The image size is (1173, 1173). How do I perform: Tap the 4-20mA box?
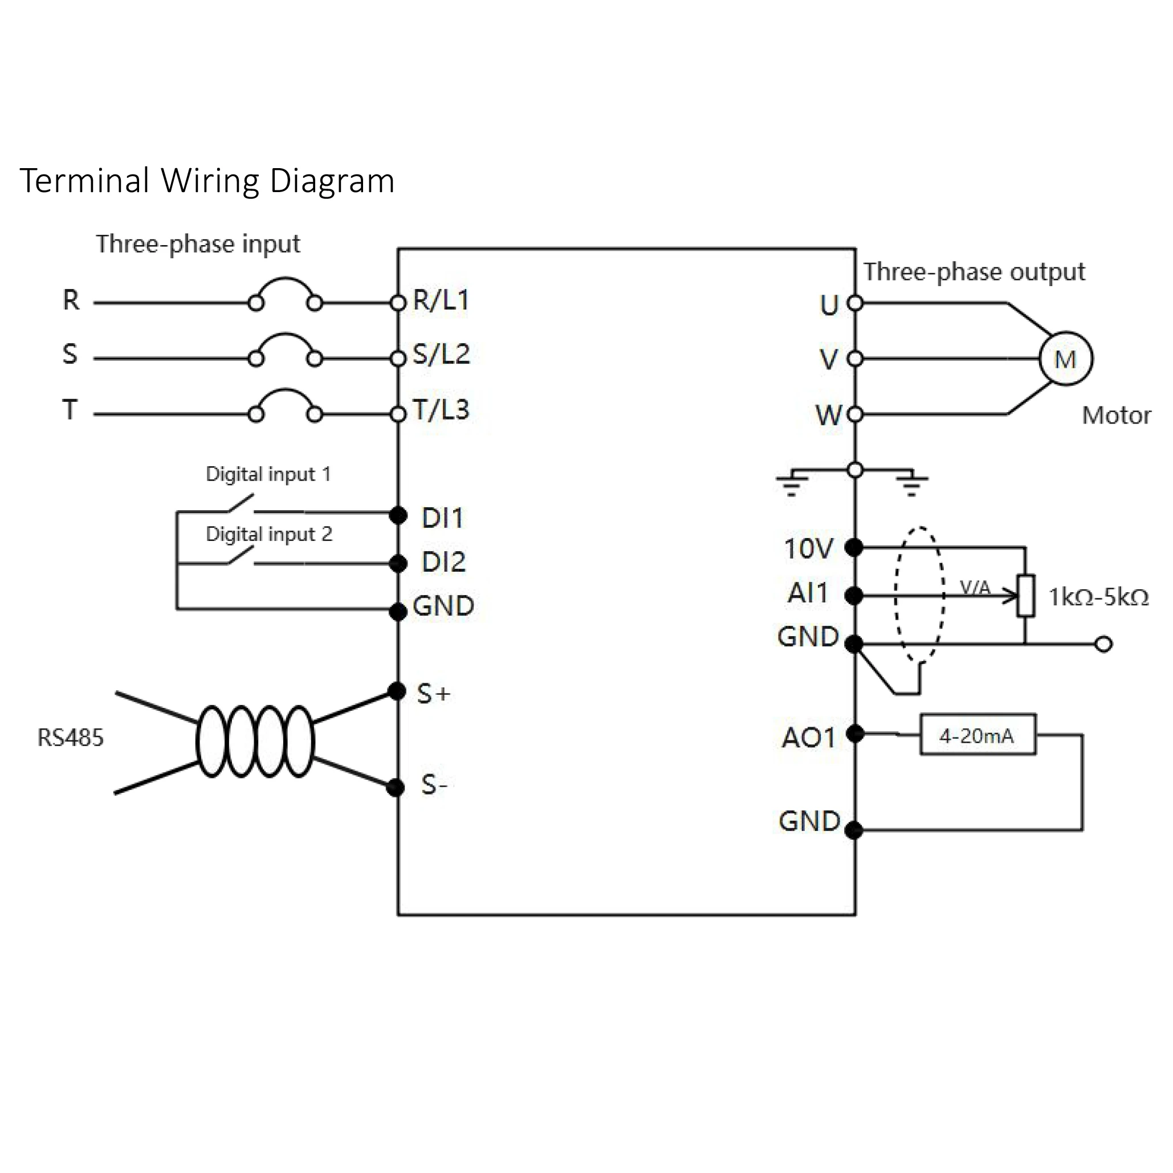[977, 735]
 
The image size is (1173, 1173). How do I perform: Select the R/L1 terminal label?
[441, 300]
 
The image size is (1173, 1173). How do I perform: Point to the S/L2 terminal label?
[441, 354]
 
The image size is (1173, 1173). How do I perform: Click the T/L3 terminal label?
[441, 410]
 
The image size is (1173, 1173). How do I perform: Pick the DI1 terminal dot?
[398, 515]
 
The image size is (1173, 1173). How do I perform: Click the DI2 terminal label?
[444, 562]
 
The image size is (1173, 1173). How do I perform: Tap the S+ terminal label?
[434, 693]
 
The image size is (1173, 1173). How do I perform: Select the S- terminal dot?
[395, 788]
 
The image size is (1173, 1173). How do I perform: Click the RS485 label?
[71, 738]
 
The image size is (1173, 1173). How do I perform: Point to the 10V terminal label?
[809, 549]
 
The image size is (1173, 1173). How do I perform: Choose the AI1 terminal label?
[808, 593]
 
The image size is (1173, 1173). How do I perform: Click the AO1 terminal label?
[809, 738]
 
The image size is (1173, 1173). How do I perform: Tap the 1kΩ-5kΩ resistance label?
[1099, 597]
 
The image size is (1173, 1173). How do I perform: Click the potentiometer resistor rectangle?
[1025, 596]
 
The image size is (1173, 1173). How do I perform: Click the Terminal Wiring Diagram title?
[207, 181]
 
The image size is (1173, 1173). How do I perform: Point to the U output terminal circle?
[855, 302]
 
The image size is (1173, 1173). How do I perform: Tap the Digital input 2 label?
[269, 534]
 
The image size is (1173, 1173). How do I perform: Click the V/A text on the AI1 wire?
[975, 587]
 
